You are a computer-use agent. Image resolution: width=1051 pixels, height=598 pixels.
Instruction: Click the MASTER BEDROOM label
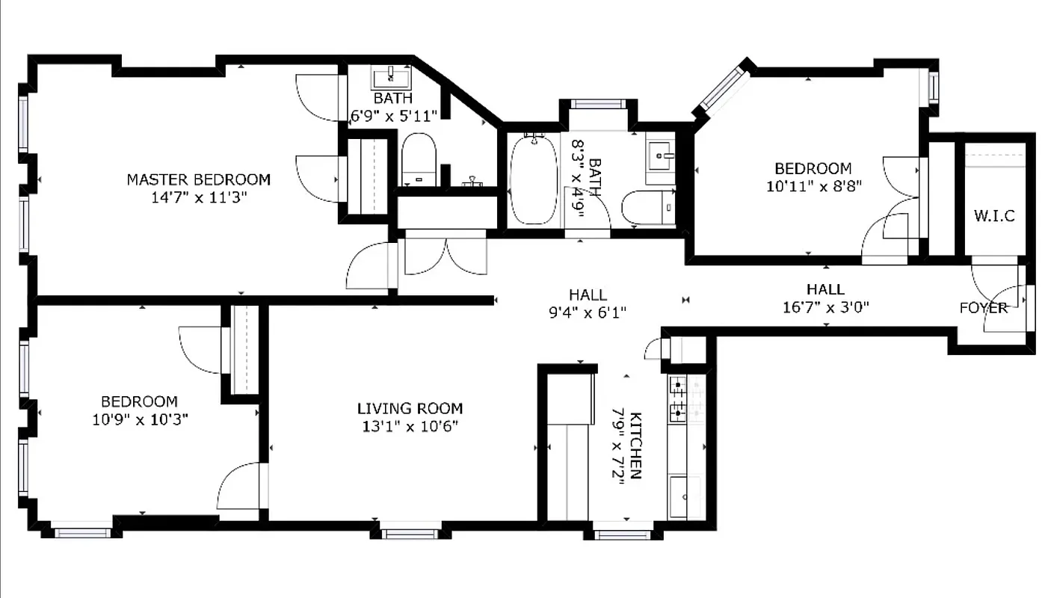198,179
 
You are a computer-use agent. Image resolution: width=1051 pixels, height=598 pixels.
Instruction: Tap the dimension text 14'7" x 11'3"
198,197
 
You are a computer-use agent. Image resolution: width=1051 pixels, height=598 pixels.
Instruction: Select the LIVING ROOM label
410,408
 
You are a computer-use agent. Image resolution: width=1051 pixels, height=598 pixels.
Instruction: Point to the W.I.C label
994,216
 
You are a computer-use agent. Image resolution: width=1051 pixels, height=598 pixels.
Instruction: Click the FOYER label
984,307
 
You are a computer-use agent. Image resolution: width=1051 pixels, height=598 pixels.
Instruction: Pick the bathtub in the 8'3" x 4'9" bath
533,179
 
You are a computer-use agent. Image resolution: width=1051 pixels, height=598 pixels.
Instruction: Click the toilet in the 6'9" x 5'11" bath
419,159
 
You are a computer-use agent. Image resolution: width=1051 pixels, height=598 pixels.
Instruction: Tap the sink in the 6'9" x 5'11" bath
389,77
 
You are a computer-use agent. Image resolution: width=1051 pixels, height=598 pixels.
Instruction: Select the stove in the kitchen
677,398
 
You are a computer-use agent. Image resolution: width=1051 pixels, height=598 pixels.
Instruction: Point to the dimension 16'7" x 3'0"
826,306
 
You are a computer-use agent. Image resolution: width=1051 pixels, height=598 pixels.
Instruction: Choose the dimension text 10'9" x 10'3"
140,419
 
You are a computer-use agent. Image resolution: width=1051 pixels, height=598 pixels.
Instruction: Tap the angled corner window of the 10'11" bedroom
721,89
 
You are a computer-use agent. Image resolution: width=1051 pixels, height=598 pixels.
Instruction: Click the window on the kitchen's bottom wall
623,534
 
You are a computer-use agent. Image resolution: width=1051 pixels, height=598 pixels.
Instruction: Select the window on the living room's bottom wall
409,534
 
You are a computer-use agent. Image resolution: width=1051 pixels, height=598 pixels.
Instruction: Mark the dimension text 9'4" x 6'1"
588,312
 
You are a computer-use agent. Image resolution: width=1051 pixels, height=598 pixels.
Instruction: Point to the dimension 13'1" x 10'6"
410,426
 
